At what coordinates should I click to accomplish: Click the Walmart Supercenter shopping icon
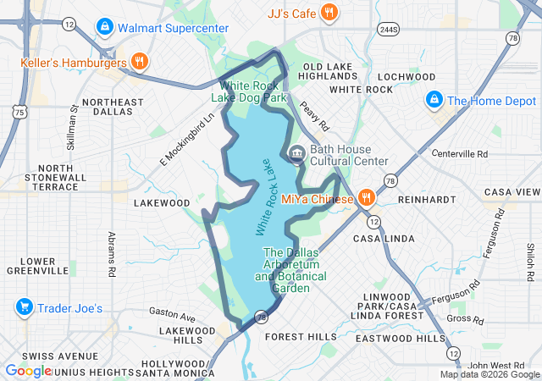(x=104, y=27)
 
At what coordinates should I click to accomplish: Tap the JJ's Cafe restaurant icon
(x=330, y=12)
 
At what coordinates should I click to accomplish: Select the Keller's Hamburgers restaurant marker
(x=141, y=61)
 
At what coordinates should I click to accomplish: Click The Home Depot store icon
(x=434, y=100)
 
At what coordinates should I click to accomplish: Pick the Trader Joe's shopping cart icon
(x=24, y=307)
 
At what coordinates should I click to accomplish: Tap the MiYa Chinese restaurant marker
(x=366, y=198)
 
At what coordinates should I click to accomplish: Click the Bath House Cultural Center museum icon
(x=296, y=153)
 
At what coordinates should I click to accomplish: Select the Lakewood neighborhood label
(x=163, y=203)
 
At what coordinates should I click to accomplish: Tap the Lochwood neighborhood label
(x=408, y=76)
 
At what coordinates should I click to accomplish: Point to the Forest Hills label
(x=300, y=336)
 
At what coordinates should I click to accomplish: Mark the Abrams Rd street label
(x=111, y=254)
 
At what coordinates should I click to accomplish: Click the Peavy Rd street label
(x=312, y=117)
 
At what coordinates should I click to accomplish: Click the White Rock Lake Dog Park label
(x=254, y=91)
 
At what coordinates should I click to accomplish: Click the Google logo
(x=27, y=370)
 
